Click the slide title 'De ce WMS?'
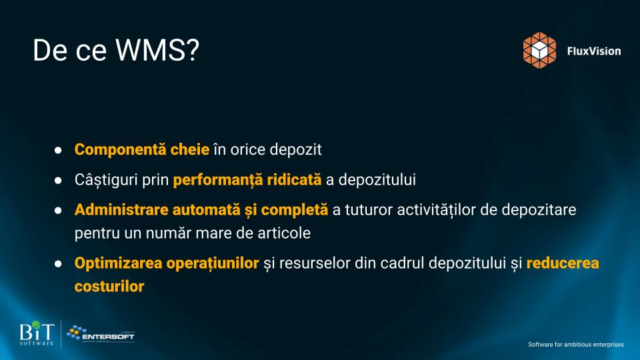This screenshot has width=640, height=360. coord(116,50)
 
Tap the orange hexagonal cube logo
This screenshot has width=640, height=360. coord(539,50)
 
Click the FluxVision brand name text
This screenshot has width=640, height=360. coord(594,51)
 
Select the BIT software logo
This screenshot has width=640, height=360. coord(37,333)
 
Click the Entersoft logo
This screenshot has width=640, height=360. coord(101,334)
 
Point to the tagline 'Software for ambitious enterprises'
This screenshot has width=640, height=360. coord(576,345)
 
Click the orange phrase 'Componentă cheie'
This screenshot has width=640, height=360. coord(142,149)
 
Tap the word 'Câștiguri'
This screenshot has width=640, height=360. coord(106,179)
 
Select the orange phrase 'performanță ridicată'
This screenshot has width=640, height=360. coord(247,179)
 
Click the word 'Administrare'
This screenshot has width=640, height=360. coord(121,209)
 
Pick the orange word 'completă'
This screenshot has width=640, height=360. coord(294,210)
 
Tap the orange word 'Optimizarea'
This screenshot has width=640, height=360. coord(119,263)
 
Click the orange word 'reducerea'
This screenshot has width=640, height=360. coord(563,263)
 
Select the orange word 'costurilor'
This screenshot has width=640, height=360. coord(109,287)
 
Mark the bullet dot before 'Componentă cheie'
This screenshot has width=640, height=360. coord(58,150)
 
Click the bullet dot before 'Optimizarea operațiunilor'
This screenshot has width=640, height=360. coord(58,264)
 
